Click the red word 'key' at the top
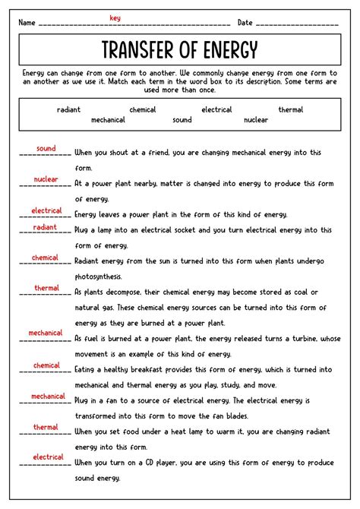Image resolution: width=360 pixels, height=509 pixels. [x=115, y=17]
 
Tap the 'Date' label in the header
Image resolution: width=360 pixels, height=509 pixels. [x=245, y=23]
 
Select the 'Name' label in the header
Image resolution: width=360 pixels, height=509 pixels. [x=27, y=23]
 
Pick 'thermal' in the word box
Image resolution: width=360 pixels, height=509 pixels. [x=290, y=110]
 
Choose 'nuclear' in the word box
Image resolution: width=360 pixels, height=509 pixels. [x=255, y=120]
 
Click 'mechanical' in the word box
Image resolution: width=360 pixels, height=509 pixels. [x=108, y=120]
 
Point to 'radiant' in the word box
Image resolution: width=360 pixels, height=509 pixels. [x=68, y=110]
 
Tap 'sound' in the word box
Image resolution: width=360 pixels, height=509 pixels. [x=182, y=120]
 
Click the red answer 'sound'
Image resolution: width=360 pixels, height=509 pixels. [x=46, y=149]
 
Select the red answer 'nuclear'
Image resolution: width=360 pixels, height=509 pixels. [x=46, y=180]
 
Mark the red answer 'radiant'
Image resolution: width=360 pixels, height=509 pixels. [x=46, y=227]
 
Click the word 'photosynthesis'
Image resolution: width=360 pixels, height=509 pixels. [x=103, y=277]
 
